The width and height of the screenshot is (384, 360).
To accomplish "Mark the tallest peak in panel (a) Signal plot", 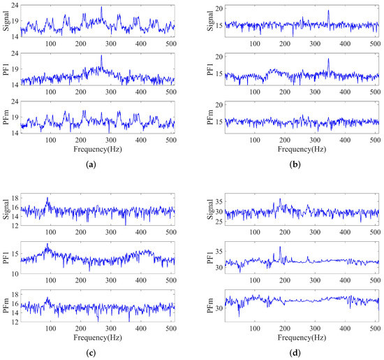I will tap(101, 8).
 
